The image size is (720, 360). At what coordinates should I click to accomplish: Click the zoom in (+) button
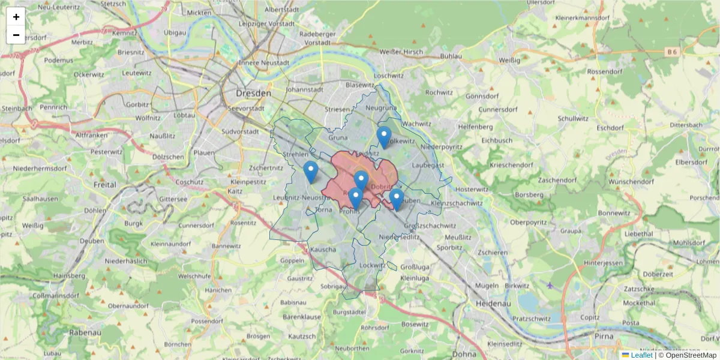tap(16, 17)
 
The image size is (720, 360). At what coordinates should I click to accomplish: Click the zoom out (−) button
tap(16, 35)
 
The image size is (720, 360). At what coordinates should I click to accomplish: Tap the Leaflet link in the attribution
tap(641, 355)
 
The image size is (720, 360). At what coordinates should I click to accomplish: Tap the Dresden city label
tap(253, 94)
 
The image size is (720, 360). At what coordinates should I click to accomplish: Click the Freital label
tap(105, 185)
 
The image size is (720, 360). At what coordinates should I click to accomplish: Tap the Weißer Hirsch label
tap(401, 52)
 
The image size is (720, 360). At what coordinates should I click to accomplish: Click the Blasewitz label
tap(360, 85)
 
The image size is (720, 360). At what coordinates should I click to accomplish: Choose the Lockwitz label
tap(373, 265)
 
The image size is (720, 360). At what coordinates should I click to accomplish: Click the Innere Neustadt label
tap(264, 62)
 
